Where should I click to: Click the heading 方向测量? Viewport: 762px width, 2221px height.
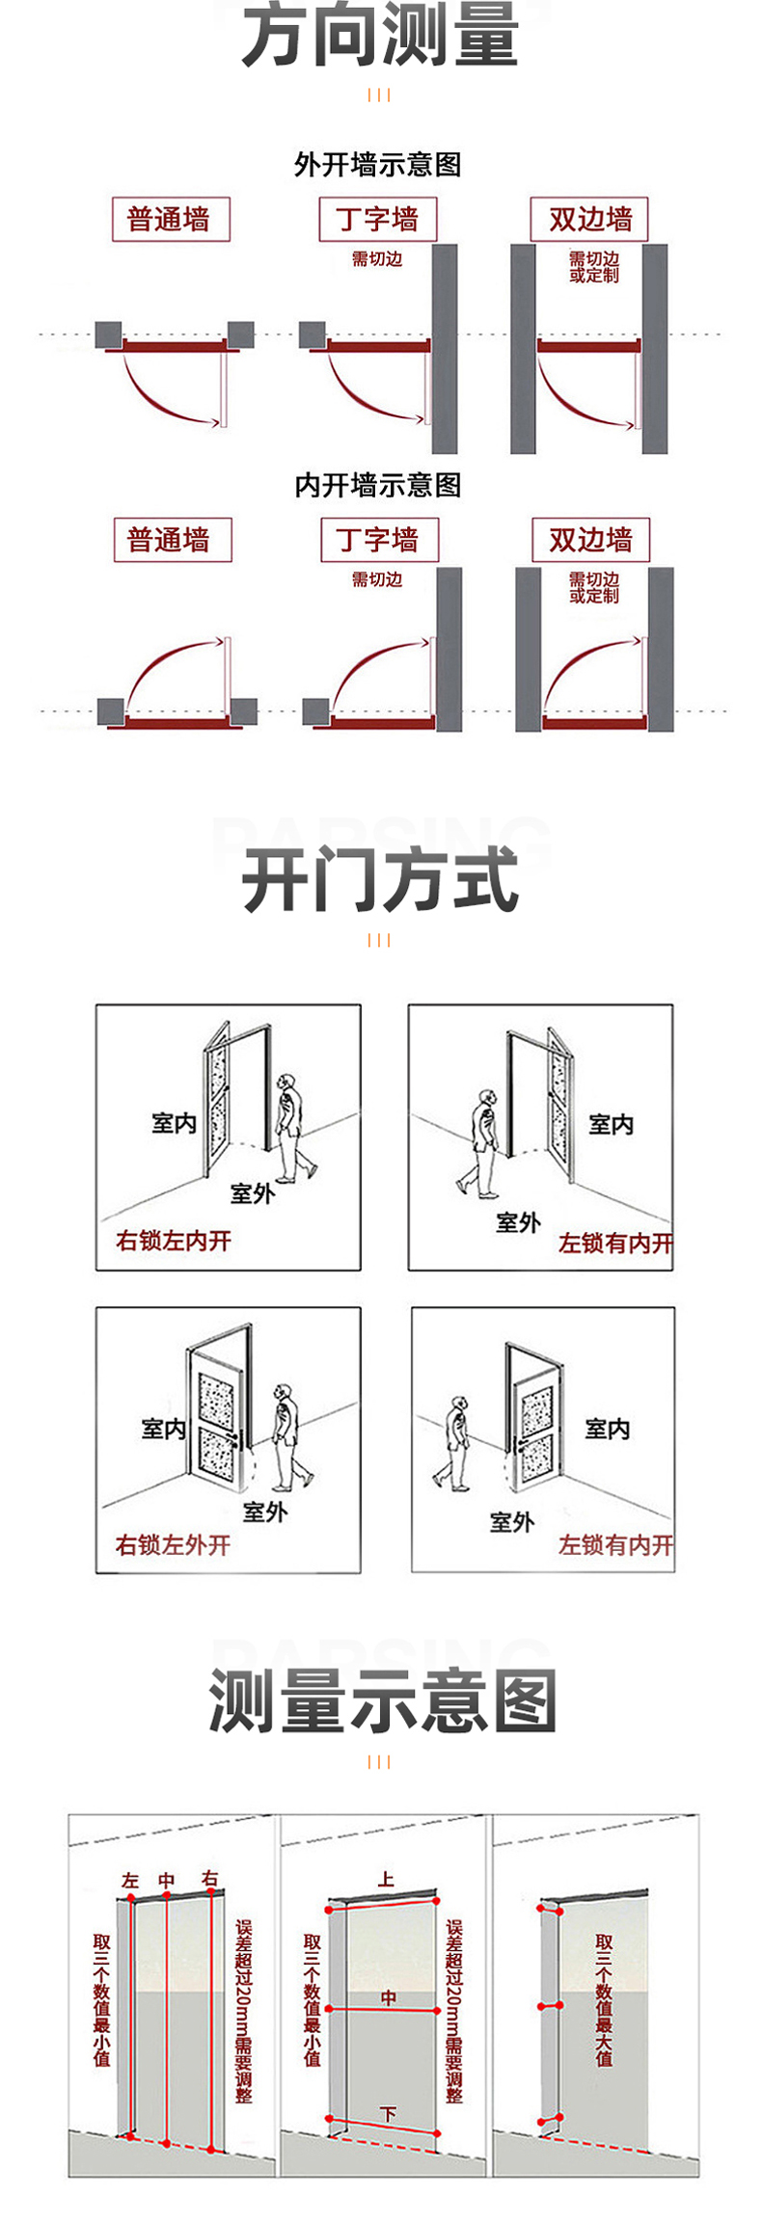pyautogui.click(x=380, y=37)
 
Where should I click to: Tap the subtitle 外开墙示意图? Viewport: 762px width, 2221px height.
pyautogui.click(x=378, y=165)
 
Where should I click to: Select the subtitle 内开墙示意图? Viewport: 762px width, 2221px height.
pyautogui.click(x=378, y=485)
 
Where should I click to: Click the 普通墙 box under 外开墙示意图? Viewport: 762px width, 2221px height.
pyautogui.click(x=170, y=219)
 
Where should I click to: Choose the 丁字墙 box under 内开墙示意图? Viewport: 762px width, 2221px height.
pyautogui.click(x=379, y=540)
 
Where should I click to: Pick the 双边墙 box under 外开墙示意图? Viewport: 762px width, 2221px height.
pyautogui.click(x=589, y=219)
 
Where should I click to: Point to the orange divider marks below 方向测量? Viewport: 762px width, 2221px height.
pyautogui.click(x=379, y=94)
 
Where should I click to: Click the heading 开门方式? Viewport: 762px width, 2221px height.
pyautogui.click(x=380, y=880)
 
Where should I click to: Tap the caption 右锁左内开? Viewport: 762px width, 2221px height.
pyautogui.click(x=174, y=1241)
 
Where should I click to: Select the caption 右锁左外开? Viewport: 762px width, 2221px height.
pyautogui.click(x=174, y=1545)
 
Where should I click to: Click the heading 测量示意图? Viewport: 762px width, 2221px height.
pyautogui.click(x=382, y=1701)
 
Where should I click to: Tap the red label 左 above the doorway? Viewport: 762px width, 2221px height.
pyautogui.click(x=130, y=1881)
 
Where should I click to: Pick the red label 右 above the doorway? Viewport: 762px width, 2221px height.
pyautogui.click(x=210, y=1879)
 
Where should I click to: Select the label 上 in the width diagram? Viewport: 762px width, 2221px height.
pyautogui.click(x=386, y=1879)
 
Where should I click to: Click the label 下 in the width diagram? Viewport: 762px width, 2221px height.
pyautogui.click(x=388, y=2114)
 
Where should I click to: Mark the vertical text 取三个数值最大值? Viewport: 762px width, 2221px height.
pyautogui.click(x=604, y=1999)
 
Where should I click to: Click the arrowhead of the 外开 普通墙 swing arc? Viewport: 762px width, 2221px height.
pyautogui.click(x=216, y=422)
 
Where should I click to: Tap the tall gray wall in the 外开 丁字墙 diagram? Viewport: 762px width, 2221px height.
pyautogui.click(x=445, y=348)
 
